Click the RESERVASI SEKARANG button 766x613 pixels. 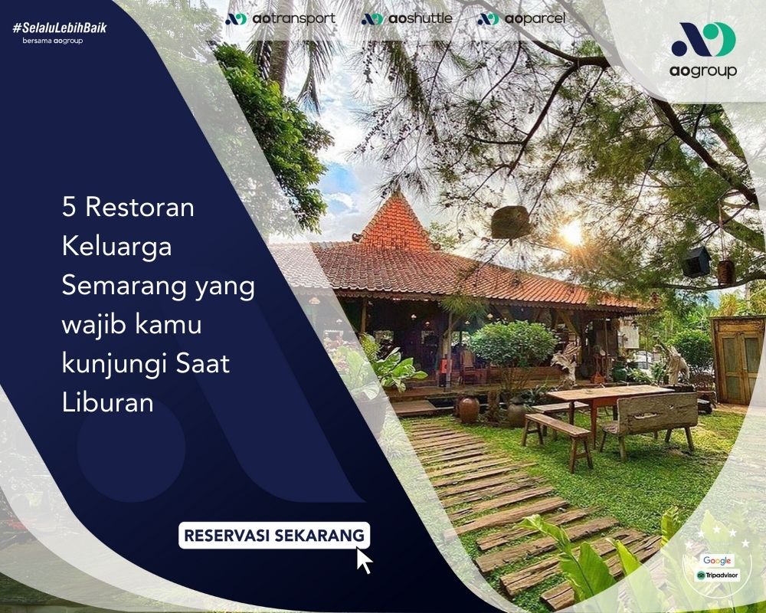click(274, 536)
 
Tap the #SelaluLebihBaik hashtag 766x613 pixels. click(60, 28)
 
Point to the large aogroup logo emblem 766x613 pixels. click(703, 39)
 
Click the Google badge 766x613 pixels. click(717, 560)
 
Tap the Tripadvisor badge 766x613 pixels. click(718, 575)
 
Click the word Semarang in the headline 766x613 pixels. click(124, 286)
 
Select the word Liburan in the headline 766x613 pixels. click(108, 403)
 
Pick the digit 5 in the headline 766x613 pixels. click(69, 207)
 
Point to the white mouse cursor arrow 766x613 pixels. click(364, 560)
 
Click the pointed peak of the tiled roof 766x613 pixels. click(396, 192)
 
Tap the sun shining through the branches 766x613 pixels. click(571, 234)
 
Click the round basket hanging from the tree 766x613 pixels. click(510, 222)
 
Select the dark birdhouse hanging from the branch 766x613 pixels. click(696, 261)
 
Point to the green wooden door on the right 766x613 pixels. click(738, 360)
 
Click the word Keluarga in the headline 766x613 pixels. click(116, 247)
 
